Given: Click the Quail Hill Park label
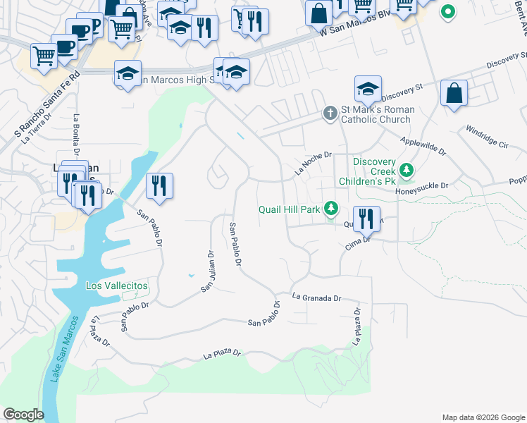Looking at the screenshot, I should (x=289, y=209).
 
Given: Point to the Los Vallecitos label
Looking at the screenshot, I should (x=117, y=286).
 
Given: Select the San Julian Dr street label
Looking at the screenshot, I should (x=207, y=271).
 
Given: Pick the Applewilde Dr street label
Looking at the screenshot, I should (x=423, y=146).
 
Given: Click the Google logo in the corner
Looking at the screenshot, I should (x=23, y=415).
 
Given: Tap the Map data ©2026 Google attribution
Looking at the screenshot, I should (x=483, y=417).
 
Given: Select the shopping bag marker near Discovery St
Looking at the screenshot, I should (x=454, y=93).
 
